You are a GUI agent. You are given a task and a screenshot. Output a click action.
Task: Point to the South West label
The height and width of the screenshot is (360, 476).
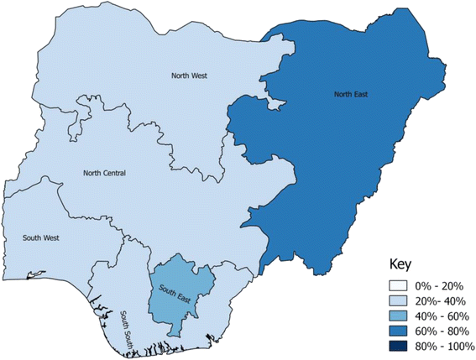(x=39, y=237)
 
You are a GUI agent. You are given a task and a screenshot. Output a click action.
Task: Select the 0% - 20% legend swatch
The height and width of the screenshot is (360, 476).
(x=398, y=284)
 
